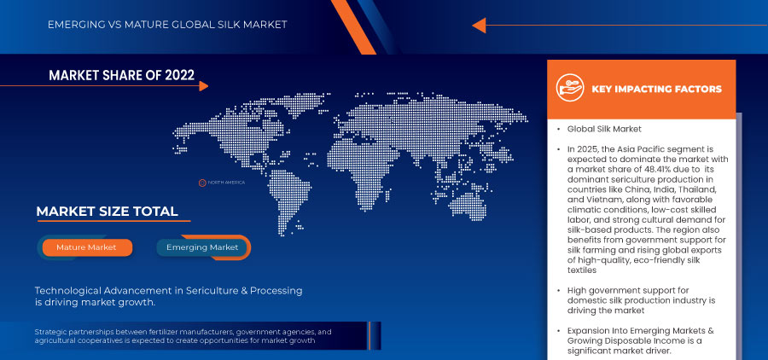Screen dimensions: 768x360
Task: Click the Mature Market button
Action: pyautogui.click(x=87, y=247)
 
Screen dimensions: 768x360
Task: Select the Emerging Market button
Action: pyautogui.click(x=202, y=247)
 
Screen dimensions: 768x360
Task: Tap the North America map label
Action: pyautogui.click(x=226, y=183)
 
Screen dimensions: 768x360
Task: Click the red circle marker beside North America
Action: pyautogui.click(x=202, y=183)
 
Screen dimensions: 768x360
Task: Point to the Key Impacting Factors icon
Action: pyautogui.click(x=570, y=88)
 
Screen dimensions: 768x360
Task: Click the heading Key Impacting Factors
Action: pyautogui.click(x=657, y=89)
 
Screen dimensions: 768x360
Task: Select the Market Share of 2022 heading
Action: pyautogui.click(x=121, y=75)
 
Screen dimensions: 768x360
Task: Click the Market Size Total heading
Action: pyautogui.click(x=108, y=212)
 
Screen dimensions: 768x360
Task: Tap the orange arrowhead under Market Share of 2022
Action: pyautogui.click(x=204, y=86)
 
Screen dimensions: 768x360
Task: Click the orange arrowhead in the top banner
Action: pyautogui.click(x=479, y=26)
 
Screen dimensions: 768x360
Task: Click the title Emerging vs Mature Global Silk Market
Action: pyautogui.click(x=167, y=25)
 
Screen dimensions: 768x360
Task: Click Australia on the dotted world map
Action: pyautogui.click(x=467, y=204)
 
